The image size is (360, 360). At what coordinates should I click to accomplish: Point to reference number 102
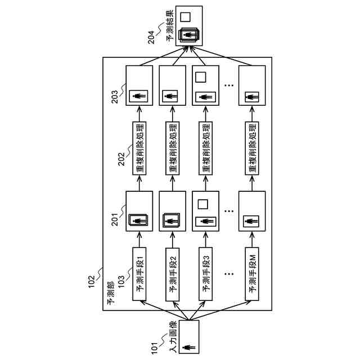click(92, 280)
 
